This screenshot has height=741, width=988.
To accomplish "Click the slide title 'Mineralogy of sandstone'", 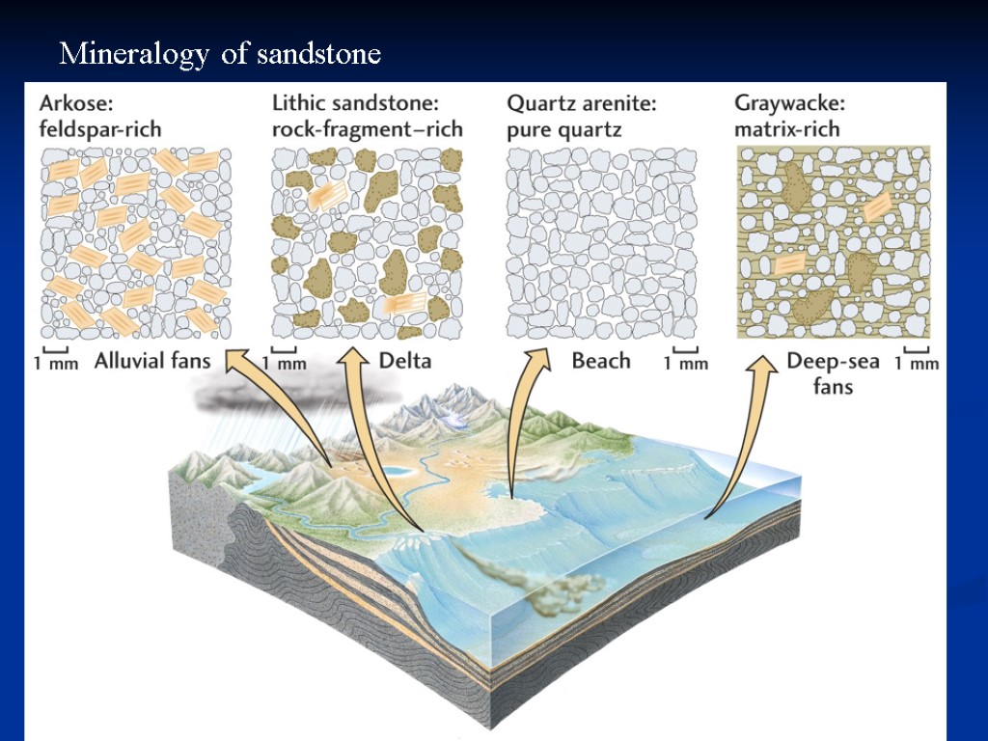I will pos(220,54).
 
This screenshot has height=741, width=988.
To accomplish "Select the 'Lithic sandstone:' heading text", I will pos(356,102).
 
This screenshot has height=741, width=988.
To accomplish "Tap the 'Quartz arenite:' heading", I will pos(581,102).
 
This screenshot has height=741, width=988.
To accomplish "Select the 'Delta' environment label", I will pos(404,362).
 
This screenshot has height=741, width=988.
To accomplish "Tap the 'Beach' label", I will pos(600,362).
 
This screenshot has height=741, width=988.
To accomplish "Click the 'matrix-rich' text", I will pos(787,128).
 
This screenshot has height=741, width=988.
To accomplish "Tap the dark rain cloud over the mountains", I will pos(289,391).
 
